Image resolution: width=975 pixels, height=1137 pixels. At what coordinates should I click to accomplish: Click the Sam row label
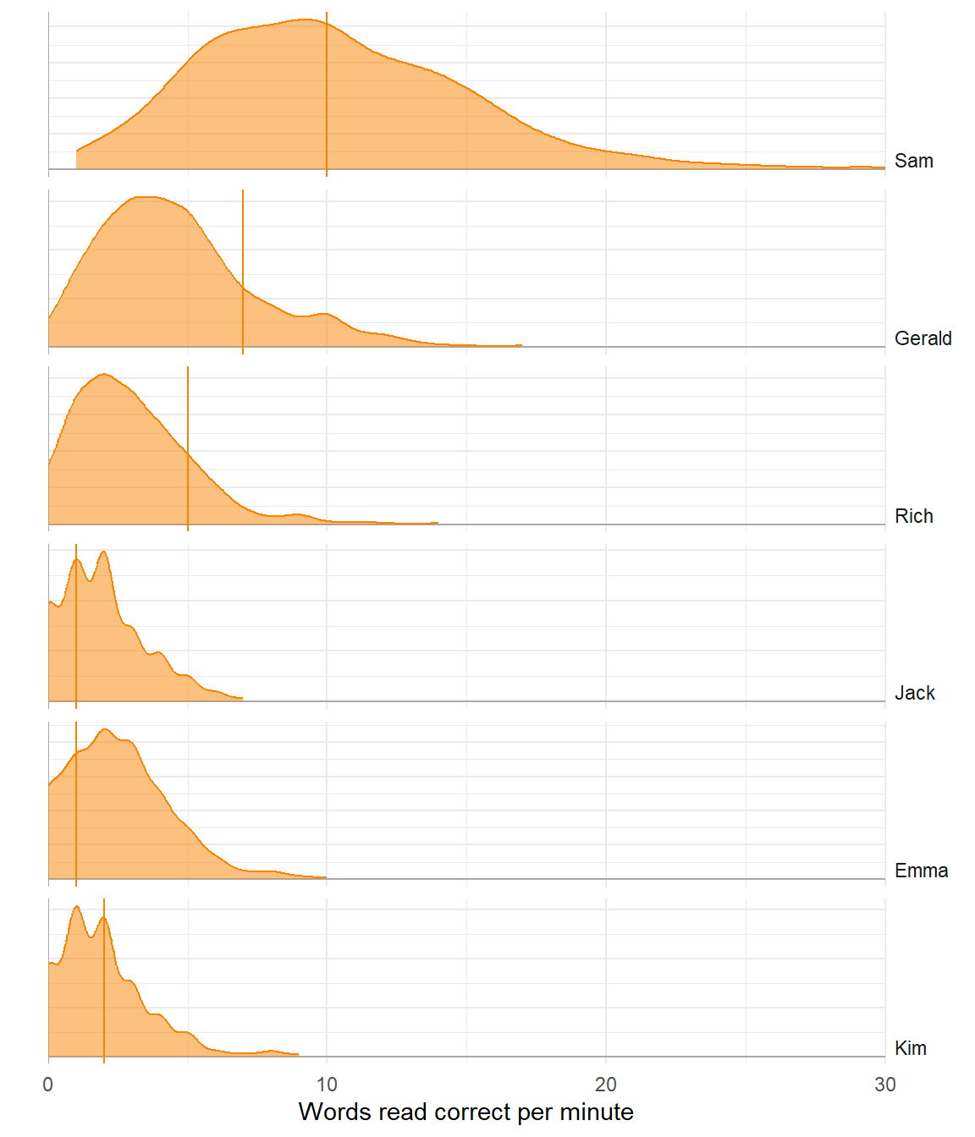[x=913, y=161]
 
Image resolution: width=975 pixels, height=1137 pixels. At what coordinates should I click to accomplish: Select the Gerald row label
[x=923, y=338]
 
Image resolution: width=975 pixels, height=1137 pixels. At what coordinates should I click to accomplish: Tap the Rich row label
[x=913, y=516]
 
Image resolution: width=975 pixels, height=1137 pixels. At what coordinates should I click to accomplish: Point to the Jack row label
[x=914, y=693]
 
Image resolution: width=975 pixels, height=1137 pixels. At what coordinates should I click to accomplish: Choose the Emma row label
[x=921, y=871]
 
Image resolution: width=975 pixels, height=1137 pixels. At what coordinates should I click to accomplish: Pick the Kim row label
[x=910, y=1048]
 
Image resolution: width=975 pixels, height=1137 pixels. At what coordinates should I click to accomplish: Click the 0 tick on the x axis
[x=48, y=1085]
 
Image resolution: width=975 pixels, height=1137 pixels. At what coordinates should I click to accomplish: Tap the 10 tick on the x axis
[x=327, y=1085]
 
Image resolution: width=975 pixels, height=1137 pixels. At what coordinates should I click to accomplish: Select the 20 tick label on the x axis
[x=606, y=1085]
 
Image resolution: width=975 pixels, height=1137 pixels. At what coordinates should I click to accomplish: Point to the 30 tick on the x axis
[x=884, y=1085]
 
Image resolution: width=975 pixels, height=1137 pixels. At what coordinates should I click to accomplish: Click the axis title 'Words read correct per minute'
[x=466, y=1112]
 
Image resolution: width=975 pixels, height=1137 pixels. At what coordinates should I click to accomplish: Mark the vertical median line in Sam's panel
[x=327, y=93]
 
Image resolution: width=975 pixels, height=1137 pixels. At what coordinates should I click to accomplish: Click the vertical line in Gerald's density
[x=243, y=271]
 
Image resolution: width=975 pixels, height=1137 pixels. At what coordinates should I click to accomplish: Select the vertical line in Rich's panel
[x=188, y=448]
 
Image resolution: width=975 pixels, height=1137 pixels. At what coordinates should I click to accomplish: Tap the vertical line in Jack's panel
[x=76, y=626]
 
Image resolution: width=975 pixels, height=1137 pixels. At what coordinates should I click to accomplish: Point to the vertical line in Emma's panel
[x=76, y=804]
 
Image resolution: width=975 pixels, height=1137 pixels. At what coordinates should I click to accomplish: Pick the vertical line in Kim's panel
[x=104, y=981]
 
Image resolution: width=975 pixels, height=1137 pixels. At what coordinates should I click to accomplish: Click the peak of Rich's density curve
[x=103, y=374]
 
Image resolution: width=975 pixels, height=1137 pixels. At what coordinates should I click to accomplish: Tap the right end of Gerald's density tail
[x=521, y=345]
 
